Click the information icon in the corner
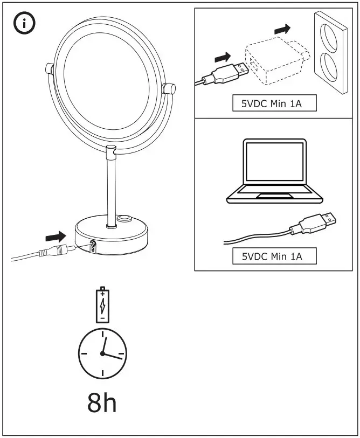[x=24, y=24]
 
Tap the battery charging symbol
[x=101, y=305]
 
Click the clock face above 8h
[x=102, y=353]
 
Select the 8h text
[x=102, y=402]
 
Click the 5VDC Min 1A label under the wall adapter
[x=274, y=103]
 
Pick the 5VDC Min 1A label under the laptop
[x=274, y=256]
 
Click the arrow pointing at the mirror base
[x=54, y=235]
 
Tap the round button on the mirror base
[x=125, y=220]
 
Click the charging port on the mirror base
[x=93, y=245]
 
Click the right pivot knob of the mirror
[x=169, y=88]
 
